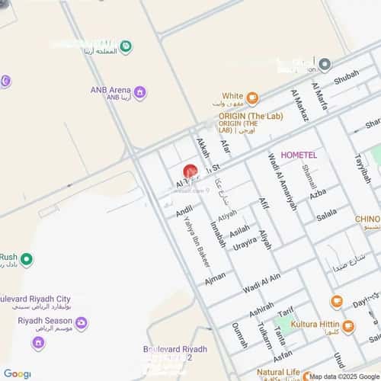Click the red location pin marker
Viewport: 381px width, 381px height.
point(190,172)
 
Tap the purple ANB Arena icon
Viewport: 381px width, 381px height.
point(139,93)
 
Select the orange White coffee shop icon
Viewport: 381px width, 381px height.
point(253,98)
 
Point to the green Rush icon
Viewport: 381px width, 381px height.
point(27,259)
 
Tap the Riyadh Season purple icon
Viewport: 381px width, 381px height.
point(82,323)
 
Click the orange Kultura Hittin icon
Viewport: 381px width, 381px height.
point(348,327)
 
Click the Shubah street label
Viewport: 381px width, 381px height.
point(346,75)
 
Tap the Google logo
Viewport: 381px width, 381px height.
point(17,373)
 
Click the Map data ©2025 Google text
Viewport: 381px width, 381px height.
point(341,376)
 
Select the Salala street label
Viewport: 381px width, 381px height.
point(326,216)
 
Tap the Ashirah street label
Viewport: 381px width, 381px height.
point(261,307)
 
